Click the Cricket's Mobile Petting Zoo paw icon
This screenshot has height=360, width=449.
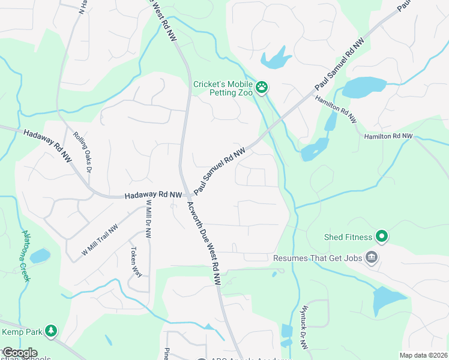tap(262, 88)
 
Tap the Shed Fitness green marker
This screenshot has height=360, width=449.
tap(381, 236)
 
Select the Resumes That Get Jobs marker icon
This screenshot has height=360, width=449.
tap(372, 257)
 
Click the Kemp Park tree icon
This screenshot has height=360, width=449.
tap(52, 331)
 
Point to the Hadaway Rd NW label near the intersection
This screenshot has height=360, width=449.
tap(153, 196)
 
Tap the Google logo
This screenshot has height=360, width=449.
tap(19, 353)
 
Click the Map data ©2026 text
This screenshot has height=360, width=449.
tap(423, 355)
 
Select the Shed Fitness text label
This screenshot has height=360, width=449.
tap(349, 237)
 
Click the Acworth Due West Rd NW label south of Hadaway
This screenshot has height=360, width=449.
tap(204, 243)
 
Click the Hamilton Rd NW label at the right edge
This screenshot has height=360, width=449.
tap(388, 137)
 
